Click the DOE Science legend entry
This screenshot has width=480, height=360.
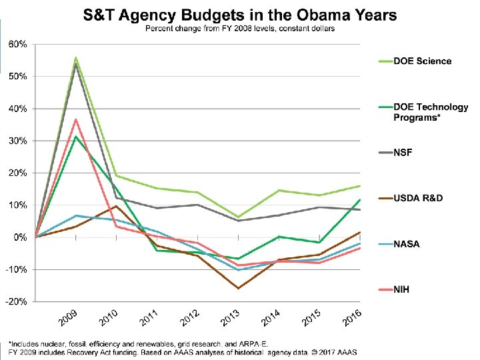coord(422,61)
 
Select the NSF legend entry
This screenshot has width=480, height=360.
coord(403,153)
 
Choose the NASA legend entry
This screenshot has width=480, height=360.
coord(407,244)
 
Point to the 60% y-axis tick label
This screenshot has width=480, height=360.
coord(17,44)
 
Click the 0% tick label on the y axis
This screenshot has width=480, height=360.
coord(19,237)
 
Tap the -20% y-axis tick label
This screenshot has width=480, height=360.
coord(17,301)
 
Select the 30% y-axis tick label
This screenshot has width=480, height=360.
coord(17,141)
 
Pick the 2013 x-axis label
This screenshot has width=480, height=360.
coord(229,319)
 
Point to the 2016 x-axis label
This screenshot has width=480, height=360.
coord(351,318)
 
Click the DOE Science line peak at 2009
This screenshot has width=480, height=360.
coord(76,57)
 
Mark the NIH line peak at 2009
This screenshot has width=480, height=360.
coord(76,119)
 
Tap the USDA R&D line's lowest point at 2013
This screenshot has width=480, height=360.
coord(238,288)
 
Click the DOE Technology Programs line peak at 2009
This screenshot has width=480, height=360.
coord(76,137)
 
